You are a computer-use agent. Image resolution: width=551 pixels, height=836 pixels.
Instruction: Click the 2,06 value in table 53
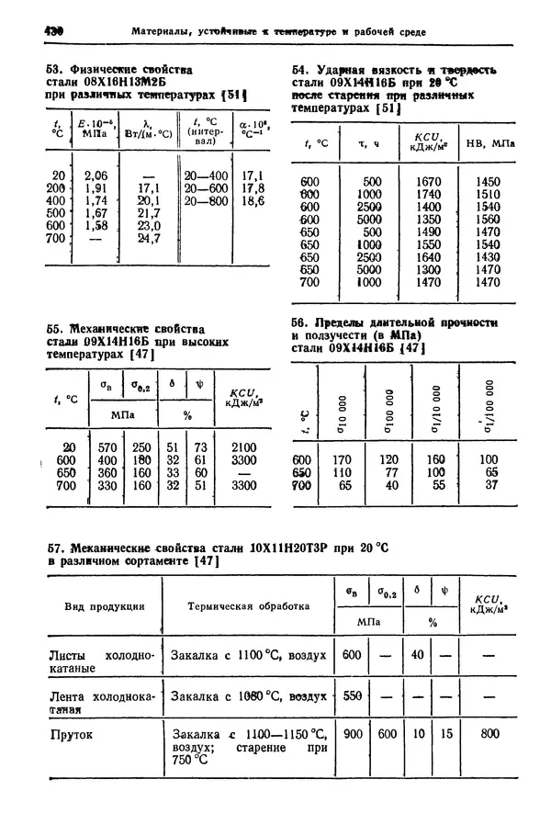coord(96,175)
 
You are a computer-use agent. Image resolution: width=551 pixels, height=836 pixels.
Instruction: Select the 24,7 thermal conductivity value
coord(148,238)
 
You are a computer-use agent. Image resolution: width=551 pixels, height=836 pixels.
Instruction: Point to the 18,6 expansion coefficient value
coord(251,200)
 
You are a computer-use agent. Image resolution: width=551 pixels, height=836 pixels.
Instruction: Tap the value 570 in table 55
coord(107,447)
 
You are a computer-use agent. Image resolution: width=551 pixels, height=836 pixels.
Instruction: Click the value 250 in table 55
coord(141,447)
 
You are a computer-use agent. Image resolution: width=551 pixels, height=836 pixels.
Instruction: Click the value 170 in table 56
coord(342,459)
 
